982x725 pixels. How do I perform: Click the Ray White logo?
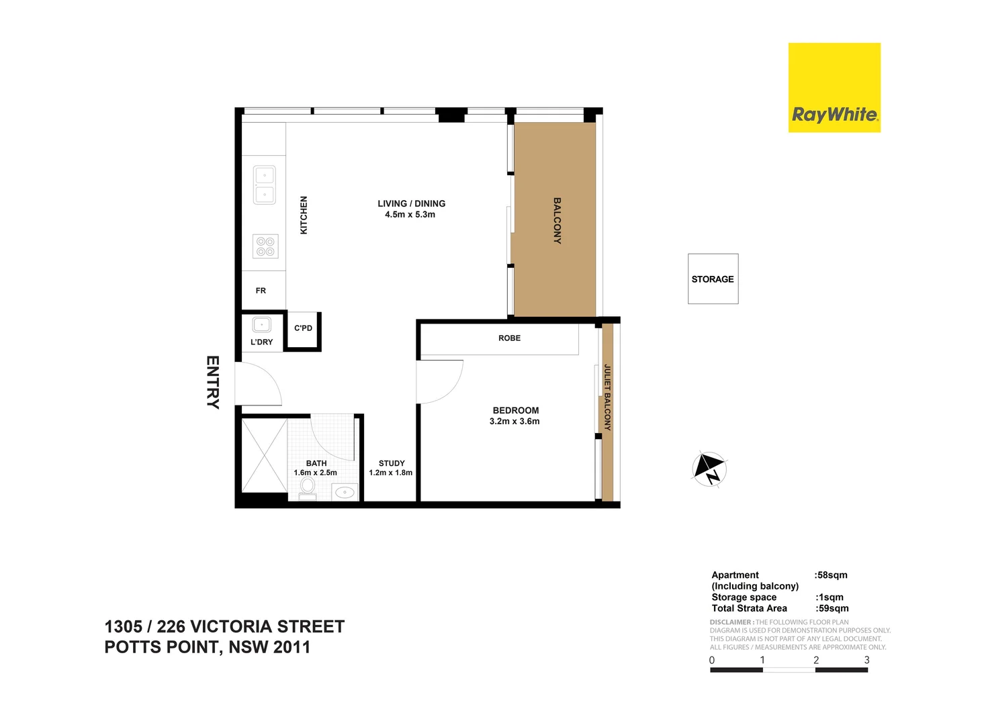pos(834,88)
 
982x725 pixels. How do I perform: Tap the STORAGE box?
pos(713,279)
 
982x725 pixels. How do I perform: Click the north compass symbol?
pos(709,468)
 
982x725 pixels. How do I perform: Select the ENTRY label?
pos(212,382)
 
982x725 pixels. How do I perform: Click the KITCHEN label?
pos(304,215)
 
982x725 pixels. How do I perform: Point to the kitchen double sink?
pos(264,185)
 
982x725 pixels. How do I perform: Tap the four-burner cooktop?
pos(265,246)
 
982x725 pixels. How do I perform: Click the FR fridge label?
pos(261,291)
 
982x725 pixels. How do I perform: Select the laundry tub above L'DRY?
pos(261,325)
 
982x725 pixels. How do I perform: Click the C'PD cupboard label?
pos(303,328)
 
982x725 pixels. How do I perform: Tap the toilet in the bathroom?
pos(308,489)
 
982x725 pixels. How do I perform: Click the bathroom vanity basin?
pos(345,493)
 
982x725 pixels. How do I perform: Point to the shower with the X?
pos(264,456)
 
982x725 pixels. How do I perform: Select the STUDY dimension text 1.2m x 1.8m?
pos(390,473)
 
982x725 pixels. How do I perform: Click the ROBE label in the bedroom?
pos(509,338)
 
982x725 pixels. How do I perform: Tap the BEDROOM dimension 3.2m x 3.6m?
pos(515,422)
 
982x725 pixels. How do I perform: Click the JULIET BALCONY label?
pos(607,397)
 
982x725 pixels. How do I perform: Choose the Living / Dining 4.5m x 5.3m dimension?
pos(410,215)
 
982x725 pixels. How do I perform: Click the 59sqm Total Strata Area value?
pos(832,608)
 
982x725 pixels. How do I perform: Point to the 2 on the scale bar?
pos(816,660)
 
